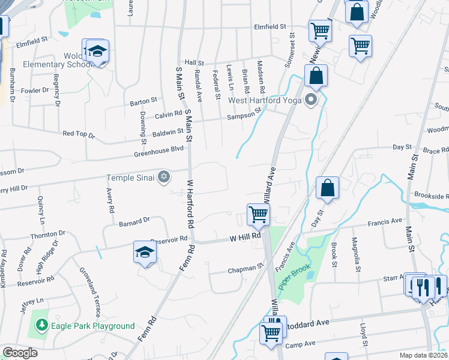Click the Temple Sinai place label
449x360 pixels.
coord(130,178)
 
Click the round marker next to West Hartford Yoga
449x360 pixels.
coord(310,100)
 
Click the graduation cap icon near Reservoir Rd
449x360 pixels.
coord(145,252)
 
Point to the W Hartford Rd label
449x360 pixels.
coord(191,204)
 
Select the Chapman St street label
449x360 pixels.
coord(246,271)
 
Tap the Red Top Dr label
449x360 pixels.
coord(79,135)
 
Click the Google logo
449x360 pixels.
coord(20,352)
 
